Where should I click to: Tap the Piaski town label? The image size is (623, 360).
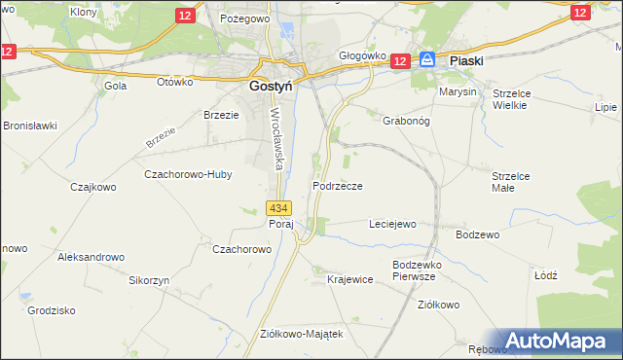[x=467, y=60]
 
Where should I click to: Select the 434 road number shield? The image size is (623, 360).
[x=278, y=208]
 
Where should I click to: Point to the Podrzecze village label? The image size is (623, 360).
[x=338, y=186]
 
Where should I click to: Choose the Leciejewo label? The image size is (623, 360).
[x=391, y=224]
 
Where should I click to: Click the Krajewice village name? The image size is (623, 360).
[x=350, y=279]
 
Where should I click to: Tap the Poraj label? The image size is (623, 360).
[x=280, y=223]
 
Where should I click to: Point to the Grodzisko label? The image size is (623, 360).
[x=52, y=311]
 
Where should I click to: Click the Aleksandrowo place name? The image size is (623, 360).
[x=92, y=257]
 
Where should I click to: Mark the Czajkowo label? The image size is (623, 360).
[x=93, y=186]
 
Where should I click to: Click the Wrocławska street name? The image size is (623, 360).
[x=275, y=137]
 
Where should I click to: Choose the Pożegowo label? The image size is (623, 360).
[x=243, y=18]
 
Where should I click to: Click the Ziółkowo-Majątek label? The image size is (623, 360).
[x=302, y=333]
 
